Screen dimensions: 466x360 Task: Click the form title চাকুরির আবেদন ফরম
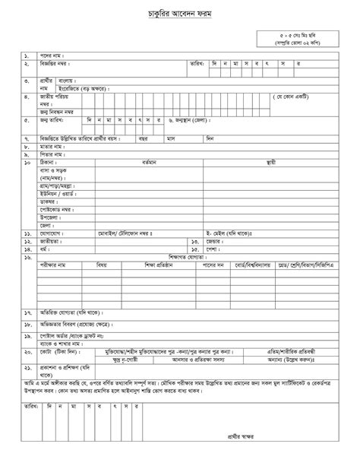[x=180, y=14]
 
